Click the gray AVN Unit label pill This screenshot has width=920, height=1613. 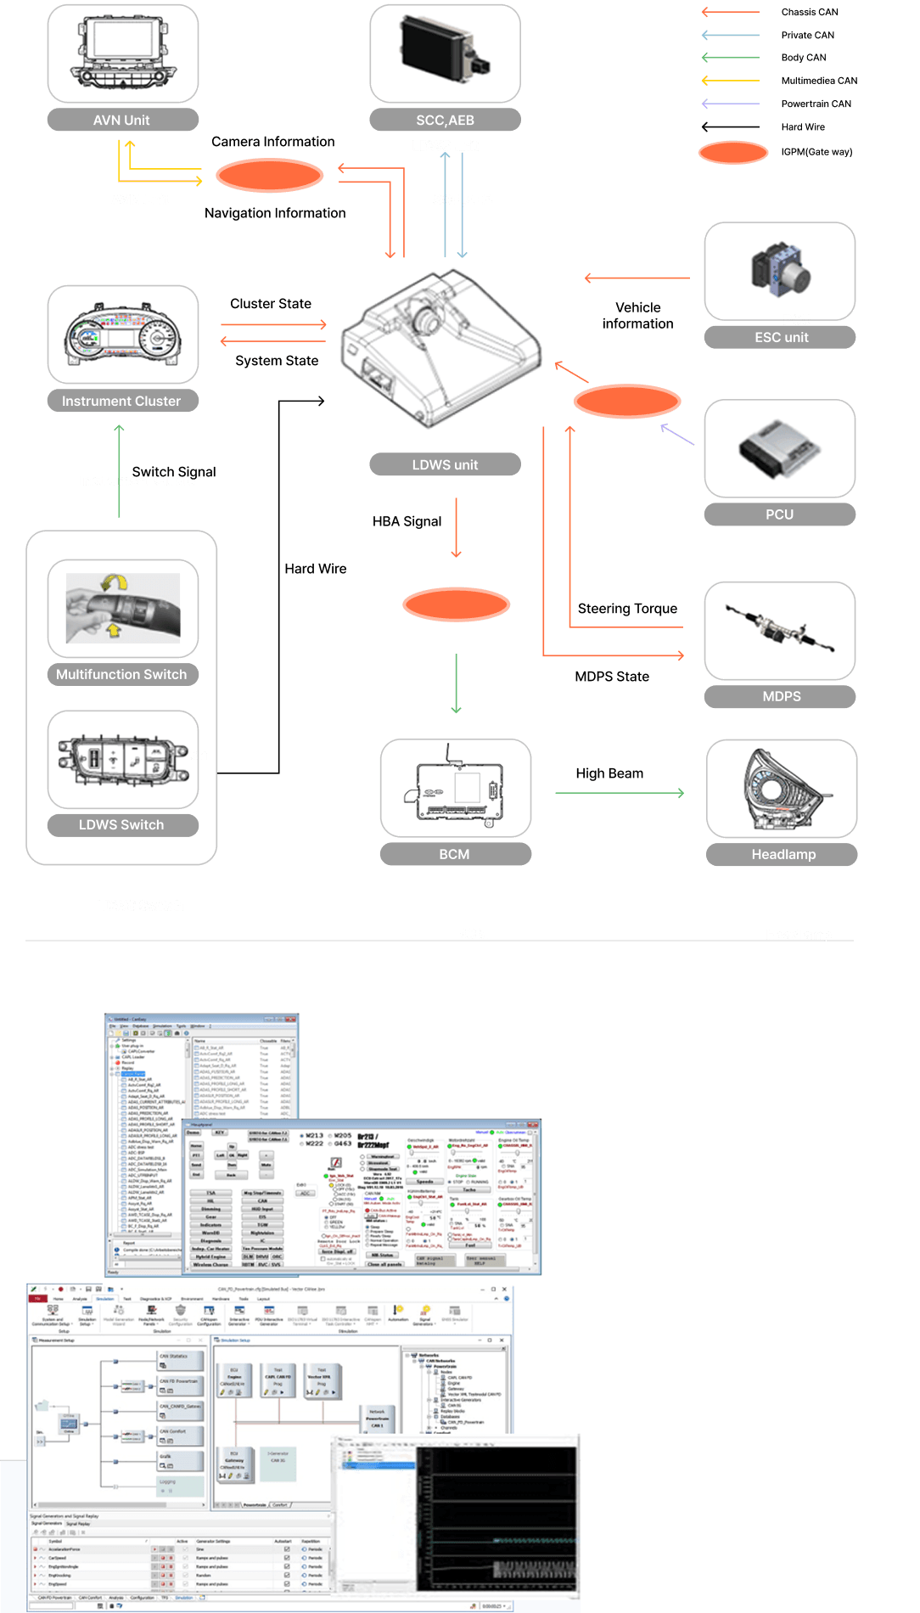pyautogui.click(x=122, y=120)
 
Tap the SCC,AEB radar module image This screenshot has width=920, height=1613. pyautogui.click(x=445, y=50)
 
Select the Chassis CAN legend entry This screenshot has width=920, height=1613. pyautogui.click(x=809, y=12)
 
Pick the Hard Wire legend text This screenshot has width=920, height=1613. pyautogui.click(x=803, y=126)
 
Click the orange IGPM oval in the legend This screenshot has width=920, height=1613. pyautogui.click(x=733, y=153)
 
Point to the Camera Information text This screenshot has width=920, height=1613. pyautogui.click(x=272, y=142)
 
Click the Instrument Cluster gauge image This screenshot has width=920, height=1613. pyautogui.click(x=123, y=334)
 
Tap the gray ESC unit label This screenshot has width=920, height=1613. pyautogui.click(x=780, y=337)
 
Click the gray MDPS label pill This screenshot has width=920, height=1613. pyautogui.click(x=780, y=696)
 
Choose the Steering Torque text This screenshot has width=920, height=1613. pyautogui.click(x=627, y=609)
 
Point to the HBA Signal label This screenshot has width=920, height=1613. pyautogui.click(x=407, y=521)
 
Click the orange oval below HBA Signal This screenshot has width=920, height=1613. pyautogui.click(x=456, y=604)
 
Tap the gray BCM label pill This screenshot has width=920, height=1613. pyautogui.click(x=455, y=854)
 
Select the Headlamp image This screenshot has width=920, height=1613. pyautogui.click(x=782, y=790)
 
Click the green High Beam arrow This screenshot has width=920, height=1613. pyautogui.click(x=619, y=793)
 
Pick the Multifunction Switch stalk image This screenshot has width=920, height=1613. pyautogui.click(x=123, y=608)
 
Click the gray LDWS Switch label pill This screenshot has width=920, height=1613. pyautogui.click(x=122, y=824)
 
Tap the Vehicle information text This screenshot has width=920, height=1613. pyautogui.click(x=637, y=316)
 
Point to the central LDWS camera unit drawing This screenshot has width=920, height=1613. pyautogui.click(x=449, y=348)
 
